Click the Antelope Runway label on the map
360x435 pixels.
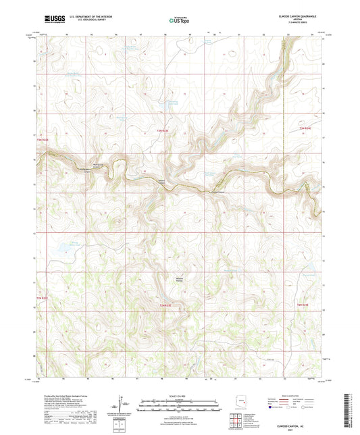click(x=161, y=279)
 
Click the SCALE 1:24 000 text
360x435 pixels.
click(x=180, y=395)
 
